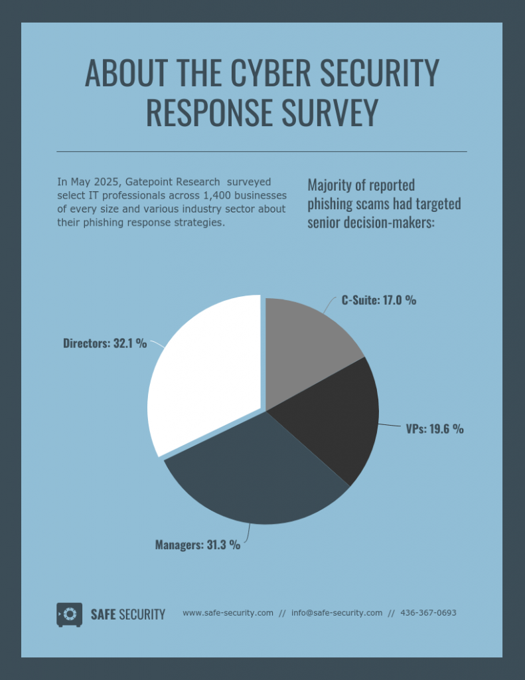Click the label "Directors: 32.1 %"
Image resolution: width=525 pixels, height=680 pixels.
coord(105,344)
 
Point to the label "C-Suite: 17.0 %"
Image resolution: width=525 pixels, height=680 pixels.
coord(379,300)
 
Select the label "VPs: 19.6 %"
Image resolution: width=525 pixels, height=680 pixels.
coord(435,429)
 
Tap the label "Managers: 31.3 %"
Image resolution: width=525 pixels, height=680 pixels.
coord(198,545)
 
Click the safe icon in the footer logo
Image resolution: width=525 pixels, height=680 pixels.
coord(69,614)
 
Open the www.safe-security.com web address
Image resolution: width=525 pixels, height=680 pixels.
coord(228,613)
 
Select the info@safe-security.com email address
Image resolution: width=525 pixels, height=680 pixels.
coord(337,613)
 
